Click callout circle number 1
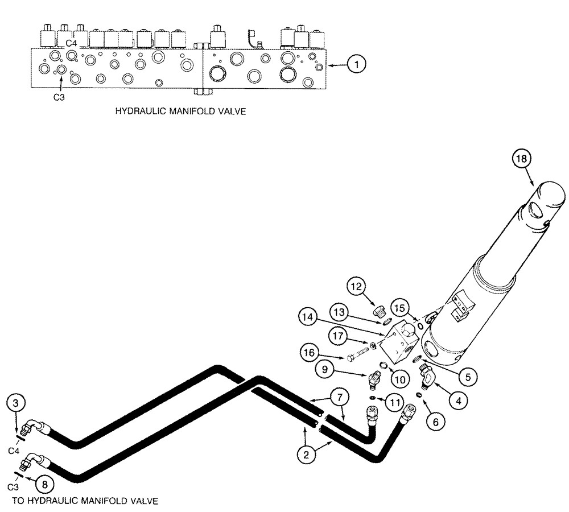(356, 65)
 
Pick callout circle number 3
(17, 403)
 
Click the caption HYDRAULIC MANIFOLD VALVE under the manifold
(180, 112)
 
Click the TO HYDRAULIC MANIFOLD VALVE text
(85, 501)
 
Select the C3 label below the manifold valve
(59, 97)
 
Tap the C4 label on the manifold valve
(71, 43)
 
